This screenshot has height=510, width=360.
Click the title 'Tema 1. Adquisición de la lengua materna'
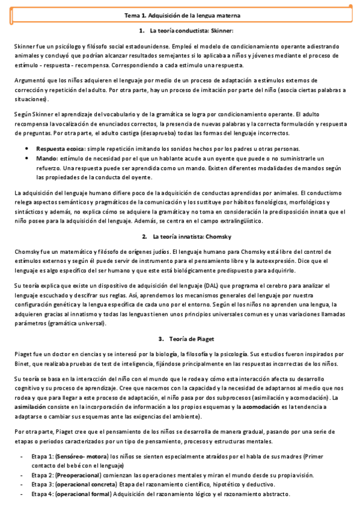point(180,14)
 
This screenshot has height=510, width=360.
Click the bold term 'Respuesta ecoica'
point(61,148)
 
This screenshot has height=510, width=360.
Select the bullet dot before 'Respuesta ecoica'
point(27,149)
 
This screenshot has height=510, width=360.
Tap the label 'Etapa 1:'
point(42,456)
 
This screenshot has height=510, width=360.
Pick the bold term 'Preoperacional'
point(80,475)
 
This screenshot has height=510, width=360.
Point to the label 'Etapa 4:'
point(42,494)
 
